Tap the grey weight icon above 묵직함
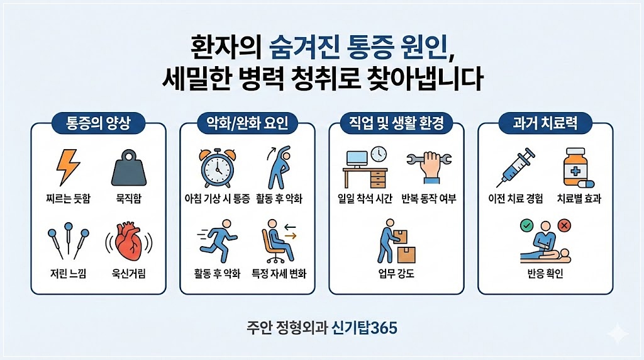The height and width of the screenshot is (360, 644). (128, 168)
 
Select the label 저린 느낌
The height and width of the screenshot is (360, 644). (68, 274)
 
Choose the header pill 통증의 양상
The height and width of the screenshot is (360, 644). (98, 123)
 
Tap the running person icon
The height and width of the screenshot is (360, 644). (216, 244)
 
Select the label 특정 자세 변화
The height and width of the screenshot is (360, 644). (279, 274)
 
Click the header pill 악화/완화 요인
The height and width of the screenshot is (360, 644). (247, 123)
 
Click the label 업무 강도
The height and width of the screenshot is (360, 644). (396, 274)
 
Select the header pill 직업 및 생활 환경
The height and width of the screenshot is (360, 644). (396, 123)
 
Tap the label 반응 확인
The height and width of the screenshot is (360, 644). (545, 274)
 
